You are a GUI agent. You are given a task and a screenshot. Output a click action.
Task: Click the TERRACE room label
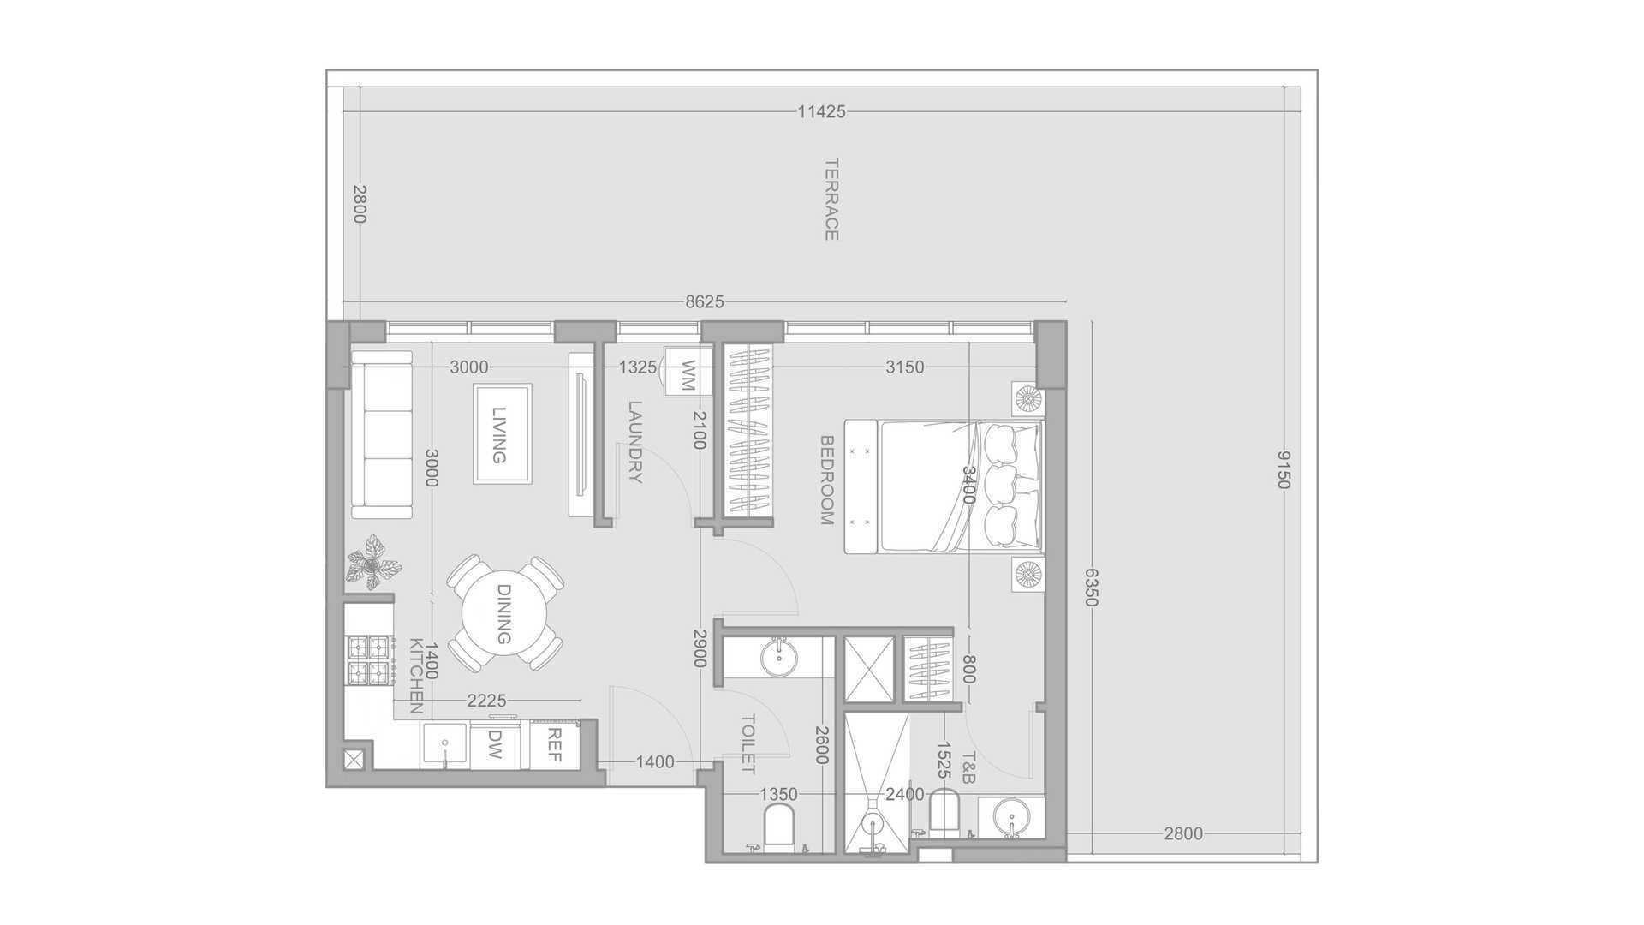(831, 199)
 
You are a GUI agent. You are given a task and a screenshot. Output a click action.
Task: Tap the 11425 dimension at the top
(821, 111)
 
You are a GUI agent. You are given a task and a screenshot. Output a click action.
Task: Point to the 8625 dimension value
(705, 301)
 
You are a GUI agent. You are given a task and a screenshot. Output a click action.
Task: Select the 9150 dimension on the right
(1282, 469)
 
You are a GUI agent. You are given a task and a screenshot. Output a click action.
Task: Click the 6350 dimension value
(1090, 587)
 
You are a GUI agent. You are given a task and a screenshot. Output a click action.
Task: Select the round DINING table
(503, 614)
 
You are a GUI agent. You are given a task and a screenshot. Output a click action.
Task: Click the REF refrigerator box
(555, 745)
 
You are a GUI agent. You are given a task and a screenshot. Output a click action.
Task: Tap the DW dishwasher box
(495, 745)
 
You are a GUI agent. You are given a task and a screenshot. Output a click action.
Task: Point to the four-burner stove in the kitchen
(368, 659)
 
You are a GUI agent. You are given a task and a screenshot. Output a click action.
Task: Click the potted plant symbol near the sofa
(373, 563)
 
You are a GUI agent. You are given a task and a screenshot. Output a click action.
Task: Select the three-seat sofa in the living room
(382, 434)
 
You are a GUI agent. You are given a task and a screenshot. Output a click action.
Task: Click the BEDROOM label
(827, 480)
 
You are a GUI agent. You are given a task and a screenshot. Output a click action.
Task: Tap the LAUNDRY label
(634, 442)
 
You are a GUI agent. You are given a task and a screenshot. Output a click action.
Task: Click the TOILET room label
(748, 744)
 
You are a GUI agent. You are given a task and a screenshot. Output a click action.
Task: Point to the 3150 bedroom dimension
(904, 367)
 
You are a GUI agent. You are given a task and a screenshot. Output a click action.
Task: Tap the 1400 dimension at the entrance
(655, 762)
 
